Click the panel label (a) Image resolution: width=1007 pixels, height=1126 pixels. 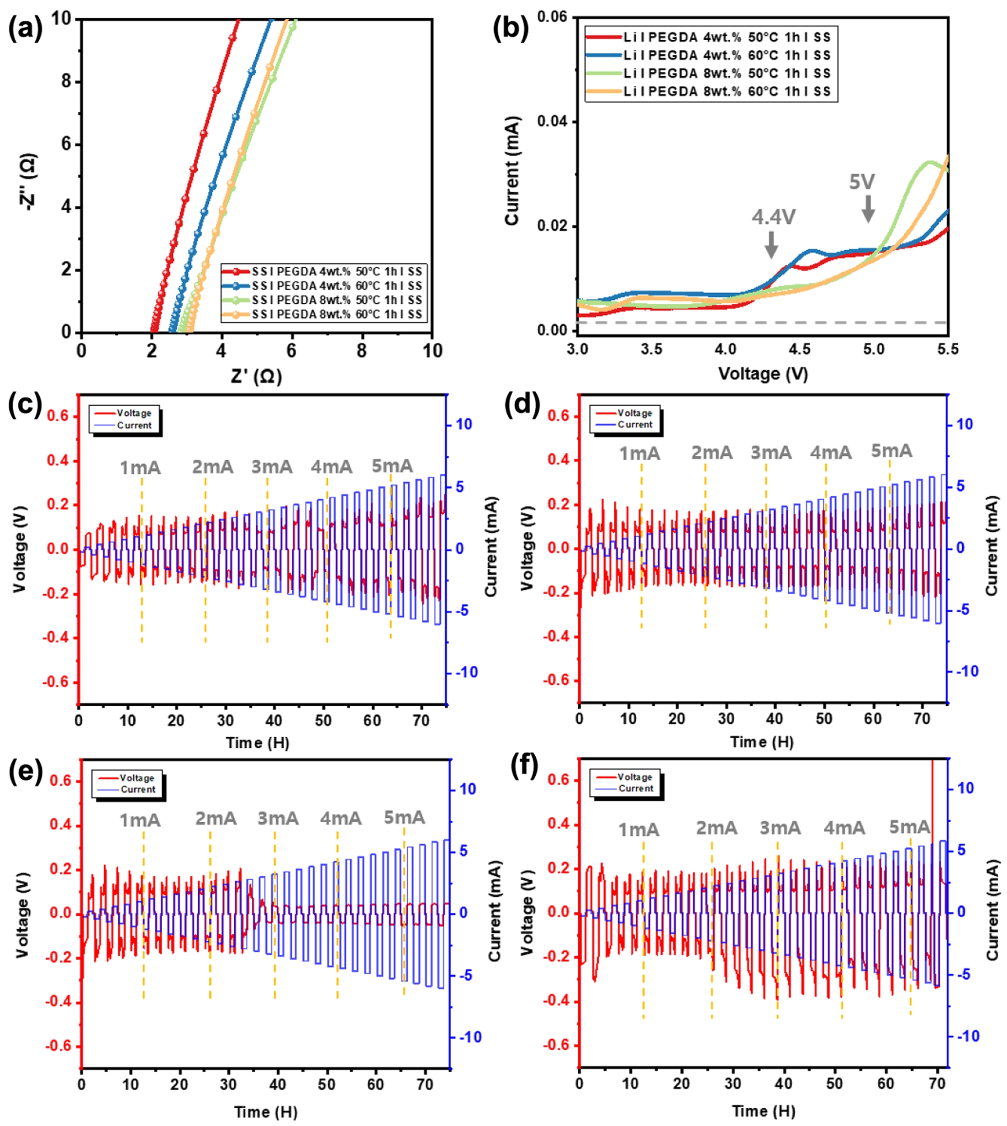coord(25,29)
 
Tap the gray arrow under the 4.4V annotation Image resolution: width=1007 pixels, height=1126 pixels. coord(771,244)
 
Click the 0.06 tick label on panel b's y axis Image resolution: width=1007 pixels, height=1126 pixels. coord(552,17)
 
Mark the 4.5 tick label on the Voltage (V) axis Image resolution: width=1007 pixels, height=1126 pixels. coord(800,349)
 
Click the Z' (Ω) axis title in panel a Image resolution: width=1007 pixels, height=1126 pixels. coord(256,377)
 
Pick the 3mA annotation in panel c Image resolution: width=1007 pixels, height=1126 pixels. coord(272,467)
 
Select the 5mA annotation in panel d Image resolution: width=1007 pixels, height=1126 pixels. coord(891,451)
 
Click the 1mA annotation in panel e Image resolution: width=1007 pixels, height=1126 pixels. coord(140,820)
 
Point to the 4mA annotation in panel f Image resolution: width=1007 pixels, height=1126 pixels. coord(844,828)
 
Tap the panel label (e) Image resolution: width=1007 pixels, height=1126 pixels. coord(25,772)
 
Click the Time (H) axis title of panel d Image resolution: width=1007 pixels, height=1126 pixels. coord(762,742)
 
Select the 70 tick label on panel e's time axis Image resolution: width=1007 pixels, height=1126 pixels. coord(425,1084)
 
